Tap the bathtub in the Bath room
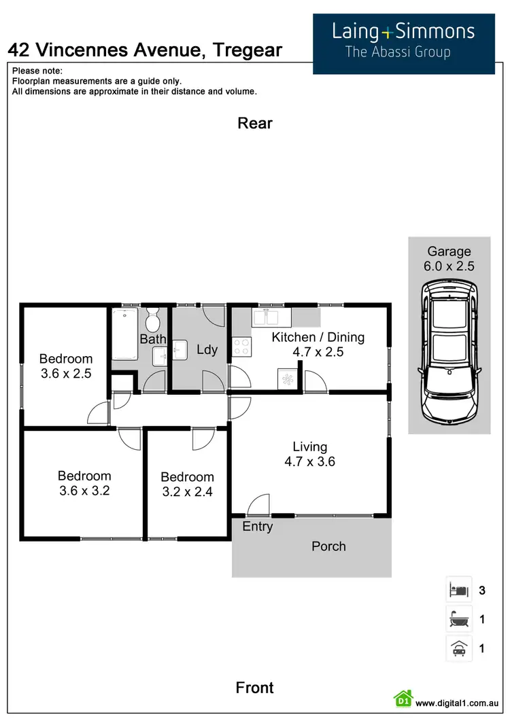pyautogui.click(x=124, y=334)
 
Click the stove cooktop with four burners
pyautogui.click(x=241, y=347)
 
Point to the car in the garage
pyautogui.click(x=449, y=352)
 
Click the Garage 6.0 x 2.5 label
pyautogui.click(x=449, y=259)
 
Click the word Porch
pyautogui.click(x=328, y=546)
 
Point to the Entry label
pyautogui.click(x=257, y=527)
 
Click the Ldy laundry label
pyautogui.click(x=207, y=349)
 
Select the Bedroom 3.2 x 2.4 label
pyautogui.click(x=187, y=484)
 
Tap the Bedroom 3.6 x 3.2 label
pyautogui.click(x=84, y=482)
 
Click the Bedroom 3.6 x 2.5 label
pyautogui.click(x=65, y=366)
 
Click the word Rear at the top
pyautogui.click(x=255, y=123)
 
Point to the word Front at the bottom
pyautogui.click(x=255, y=688)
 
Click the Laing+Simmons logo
pyautogui.click(x=403, y=40)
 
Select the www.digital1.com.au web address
pyautogui.click(x=458, y=703)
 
